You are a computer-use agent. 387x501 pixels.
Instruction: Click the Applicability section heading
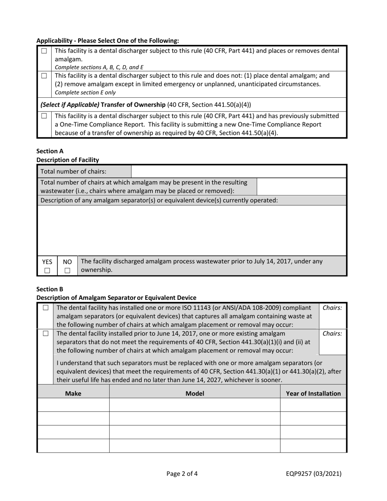108,41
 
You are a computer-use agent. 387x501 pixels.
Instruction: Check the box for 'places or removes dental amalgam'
44,51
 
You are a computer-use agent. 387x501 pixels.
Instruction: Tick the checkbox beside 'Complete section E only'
44,76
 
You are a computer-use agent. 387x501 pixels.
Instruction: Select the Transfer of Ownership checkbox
44,116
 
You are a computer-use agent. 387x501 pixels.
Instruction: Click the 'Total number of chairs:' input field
239,171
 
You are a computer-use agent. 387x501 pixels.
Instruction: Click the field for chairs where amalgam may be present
301,186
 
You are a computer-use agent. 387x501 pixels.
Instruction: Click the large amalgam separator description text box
192,230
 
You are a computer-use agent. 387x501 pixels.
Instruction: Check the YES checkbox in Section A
47,270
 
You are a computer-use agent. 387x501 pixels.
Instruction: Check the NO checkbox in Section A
67,270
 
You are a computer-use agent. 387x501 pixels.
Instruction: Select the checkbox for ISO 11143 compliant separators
45,308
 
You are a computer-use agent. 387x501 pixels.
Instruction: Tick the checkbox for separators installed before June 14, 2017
45,334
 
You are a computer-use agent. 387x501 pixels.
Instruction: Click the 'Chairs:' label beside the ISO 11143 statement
332,308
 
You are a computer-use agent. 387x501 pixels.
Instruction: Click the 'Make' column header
73,393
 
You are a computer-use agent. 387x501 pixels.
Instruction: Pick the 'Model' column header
195,393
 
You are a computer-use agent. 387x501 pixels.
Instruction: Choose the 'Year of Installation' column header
313,393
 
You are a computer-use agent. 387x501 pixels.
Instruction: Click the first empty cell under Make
73,405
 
